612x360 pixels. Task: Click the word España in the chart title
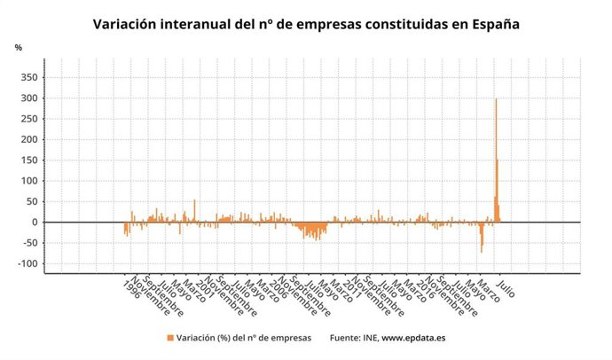[488, 25]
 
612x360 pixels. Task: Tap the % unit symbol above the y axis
[18, 47]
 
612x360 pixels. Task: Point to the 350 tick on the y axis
[28, 78]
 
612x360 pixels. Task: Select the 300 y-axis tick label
[28, 98]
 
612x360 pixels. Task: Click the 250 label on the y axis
[28, 119]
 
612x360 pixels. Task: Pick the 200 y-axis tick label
[28, 140]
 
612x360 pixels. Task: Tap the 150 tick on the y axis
[28, 160]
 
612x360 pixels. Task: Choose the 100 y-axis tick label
[28, 181]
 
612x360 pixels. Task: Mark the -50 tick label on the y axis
[28, 243]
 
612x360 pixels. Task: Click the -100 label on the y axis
[27, 264]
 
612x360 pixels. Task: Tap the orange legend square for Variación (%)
[169, 338]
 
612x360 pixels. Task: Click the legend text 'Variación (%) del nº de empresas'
[243, 338]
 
